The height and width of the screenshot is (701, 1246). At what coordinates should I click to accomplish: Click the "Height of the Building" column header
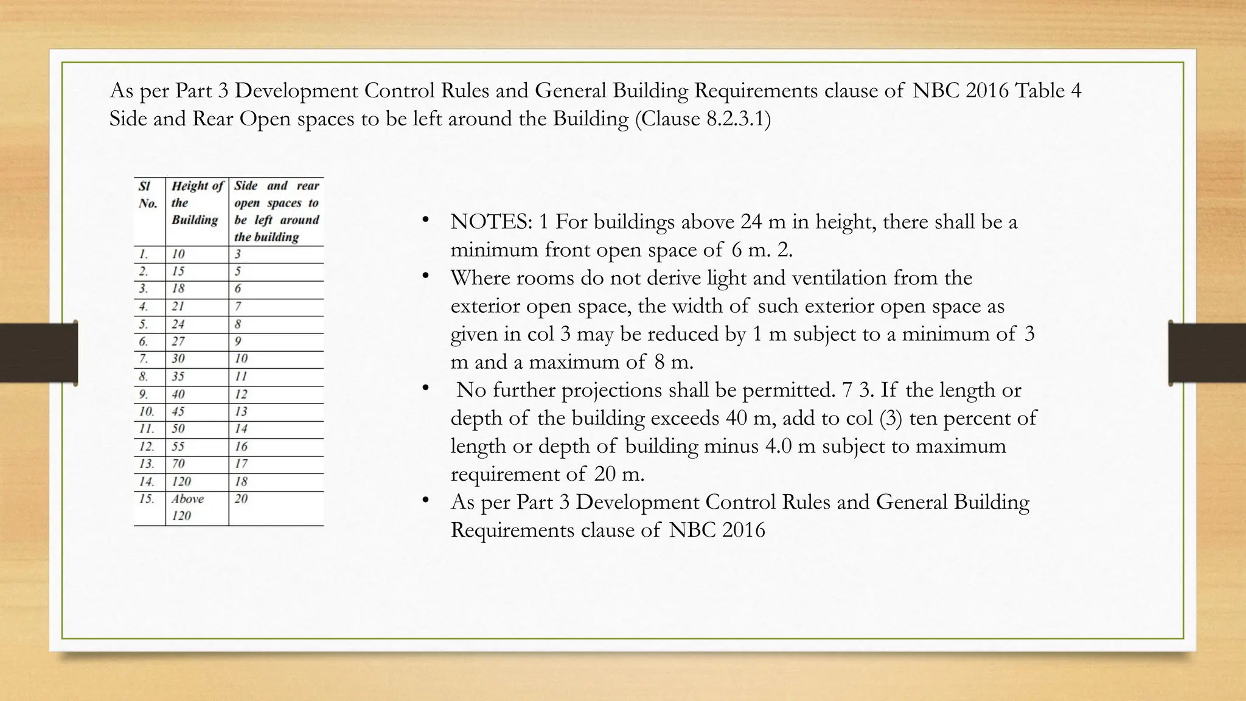(x=197, y=203)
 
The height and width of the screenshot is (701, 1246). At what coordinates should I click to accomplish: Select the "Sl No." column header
(x=147, y=195)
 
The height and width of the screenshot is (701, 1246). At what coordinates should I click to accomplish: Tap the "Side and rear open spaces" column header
(x=277, y=211)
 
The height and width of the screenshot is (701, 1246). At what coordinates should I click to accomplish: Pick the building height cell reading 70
(x=178, y=464)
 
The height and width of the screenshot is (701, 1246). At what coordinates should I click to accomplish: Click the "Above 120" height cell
(x=187, y=507)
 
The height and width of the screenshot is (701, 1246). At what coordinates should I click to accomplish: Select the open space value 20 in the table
(x=242, y=499)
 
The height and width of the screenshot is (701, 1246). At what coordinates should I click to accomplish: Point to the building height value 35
(x=178, y=377)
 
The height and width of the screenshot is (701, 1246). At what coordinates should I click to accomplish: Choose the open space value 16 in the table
(x=242, y=447)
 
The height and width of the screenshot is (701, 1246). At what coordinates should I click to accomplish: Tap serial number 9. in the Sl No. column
(x=144, y=394)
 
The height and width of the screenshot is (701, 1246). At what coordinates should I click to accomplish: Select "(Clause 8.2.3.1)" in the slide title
(x=703, y=118)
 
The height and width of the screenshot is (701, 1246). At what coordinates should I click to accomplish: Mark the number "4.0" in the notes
(x=779, y=446)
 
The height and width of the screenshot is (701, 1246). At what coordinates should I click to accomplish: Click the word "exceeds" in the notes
(x=685, y=418)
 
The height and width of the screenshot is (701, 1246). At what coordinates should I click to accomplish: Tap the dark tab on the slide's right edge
(x=1207, y=353)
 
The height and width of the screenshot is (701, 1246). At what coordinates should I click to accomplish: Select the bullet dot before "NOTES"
(x=426, y=220)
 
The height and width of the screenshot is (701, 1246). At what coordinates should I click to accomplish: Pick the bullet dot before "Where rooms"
(x=426, y=276)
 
